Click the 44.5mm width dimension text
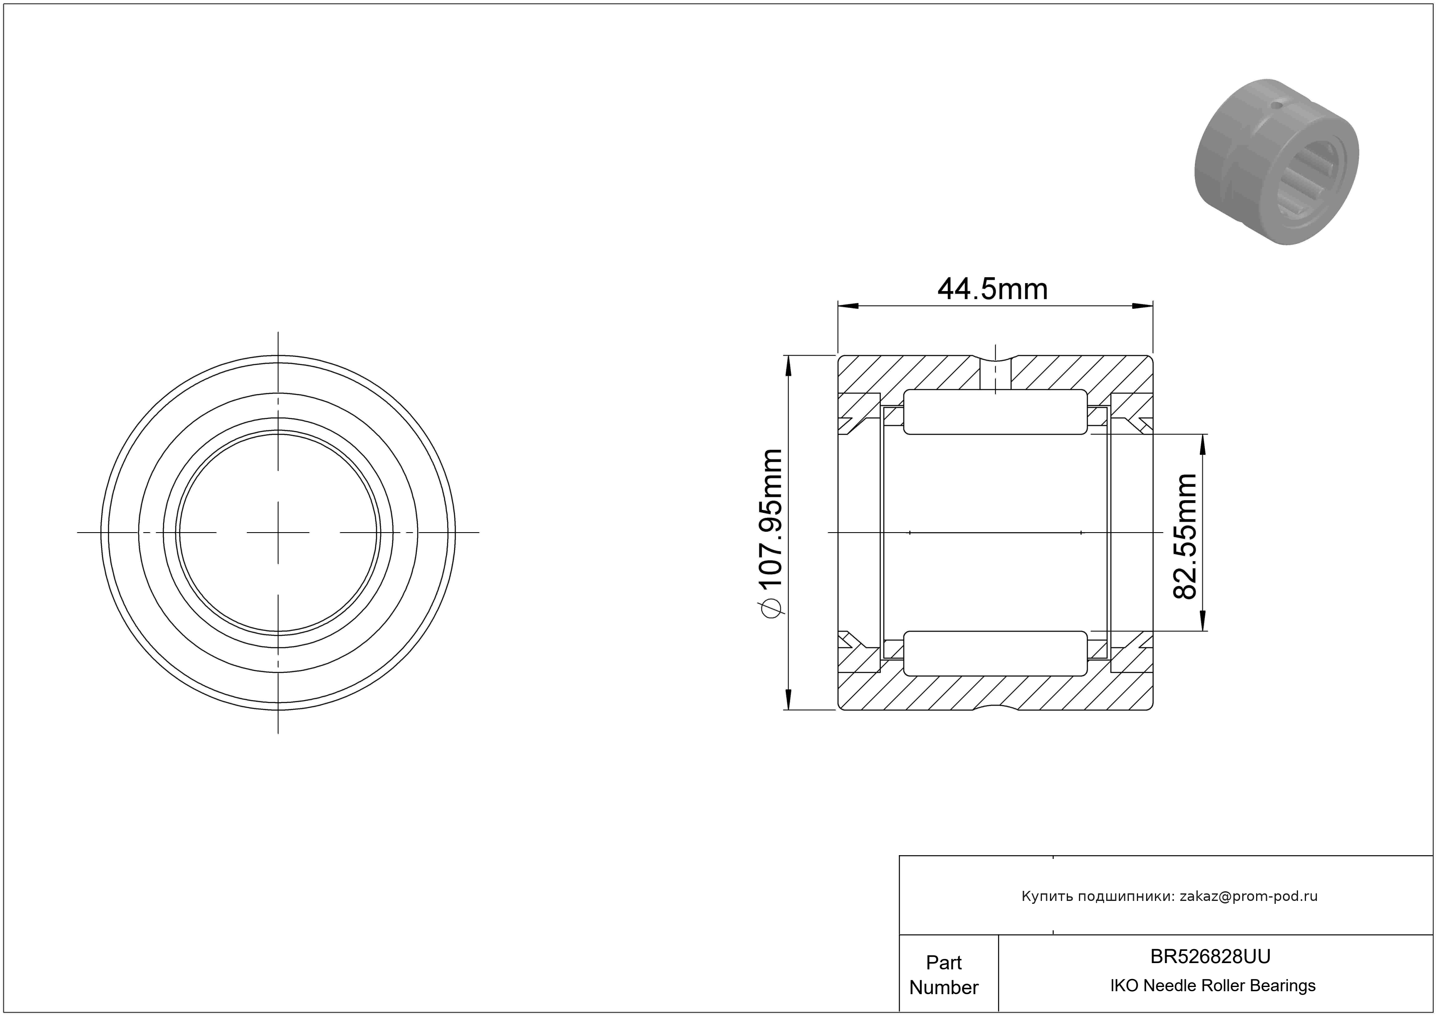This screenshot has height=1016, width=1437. pos(992,289)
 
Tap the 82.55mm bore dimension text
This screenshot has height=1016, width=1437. pos(1185,536)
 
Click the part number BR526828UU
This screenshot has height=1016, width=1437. pos(1210,956)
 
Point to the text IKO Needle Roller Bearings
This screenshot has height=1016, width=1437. pos(1213,986)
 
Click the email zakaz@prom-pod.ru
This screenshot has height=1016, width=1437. pos(1249,896)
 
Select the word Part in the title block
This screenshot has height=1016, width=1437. pos(944,962)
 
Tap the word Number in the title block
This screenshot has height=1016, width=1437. pos(944,987)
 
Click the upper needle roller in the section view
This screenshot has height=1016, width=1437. pos(995,411)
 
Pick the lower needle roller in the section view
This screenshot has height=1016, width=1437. pos(995,654)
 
